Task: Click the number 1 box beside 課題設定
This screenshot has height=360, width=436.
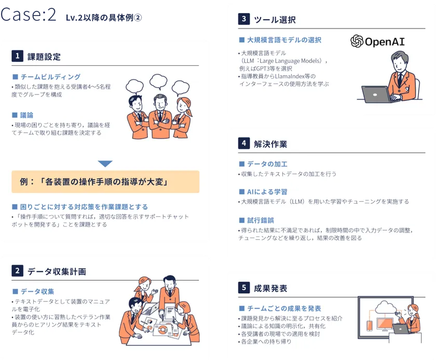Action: tap(17, 56)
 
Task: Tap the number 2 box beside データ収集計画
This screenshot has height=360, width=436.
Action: tap(17, 270)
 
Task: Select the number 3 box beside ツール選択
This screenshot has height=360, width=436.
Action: tap(244, 19)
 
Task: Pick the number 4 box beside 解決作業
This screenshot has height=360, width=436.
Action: tap(244, 143)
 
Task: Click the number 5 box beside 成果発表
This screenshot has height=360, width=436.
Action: tap(244, 287)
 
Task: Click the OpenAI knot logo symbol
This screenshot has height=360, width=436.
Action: tap(357, 41)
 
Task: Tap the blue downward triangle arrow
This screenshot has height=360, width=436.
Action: tap(105, 163)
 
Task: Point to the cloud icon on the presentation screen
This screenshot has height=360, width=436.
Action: tap(386, 307)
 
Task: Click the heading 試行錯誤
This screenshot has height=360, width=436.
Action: tap(261, 220)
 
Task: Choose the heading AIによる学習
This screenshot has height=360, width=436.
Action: tap(267, 192)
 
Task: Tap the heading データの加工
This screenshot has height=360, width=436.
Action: tap(267, 164)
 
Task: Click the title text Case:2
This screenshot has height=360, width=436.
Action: tap(29, 15)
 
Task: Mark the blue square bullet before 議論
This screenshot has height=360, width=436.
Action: tap(15, 115)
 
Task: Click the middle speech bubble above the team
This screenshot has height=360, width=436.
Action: tap(158, 81)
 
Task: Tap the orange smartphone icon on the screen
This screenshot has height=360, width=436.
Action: tap(370, 326)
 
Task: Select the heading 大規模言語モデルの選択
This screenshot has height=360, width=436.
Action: tap(284, 40)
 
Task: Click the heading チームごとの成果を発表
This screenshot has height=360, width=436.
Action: tap(284, 308)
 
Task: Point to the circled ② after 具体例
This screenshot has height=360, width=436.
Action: tap(138, 18)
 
